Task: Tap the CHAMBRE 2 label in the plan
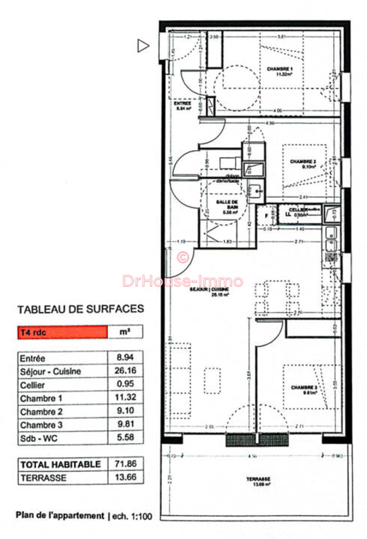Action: point(303,163)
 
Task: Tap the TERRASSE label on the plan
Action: point(256,481)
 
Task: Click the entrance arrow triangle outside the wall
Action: point(142,46)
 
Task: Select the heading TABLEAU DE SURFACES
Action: point(80,309)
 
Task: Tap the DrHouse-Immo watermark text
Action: point(183,281)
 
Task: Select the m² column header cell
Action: point(125,331)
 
